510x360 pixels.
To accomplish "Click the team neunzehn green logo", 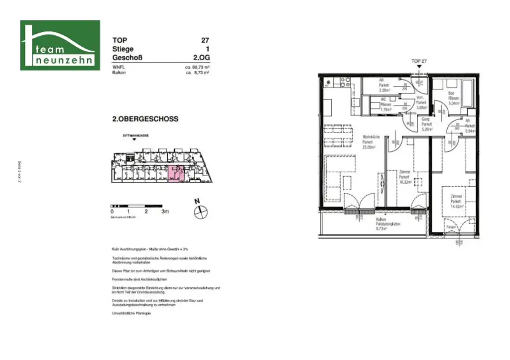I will [x=60, y=45].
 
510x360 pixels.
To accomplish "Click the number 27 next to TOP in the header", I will [x=204, y=40].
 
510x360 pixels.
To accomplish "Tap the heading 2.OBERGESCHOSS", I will [x=145, y=119].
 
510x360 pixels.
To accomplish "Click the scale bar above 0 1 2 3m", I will [x=139, y=205].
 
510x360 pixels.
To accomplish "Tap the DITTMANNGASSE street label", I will [x=135, y=135].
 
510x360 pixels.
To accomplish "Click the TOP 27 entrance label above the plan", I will [x=419, y=61].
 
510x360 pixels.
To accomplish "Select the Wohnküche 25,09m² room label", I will [x=369, y=141].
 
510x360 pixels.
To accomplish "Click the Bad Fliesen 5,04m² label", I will [x=453, y=99].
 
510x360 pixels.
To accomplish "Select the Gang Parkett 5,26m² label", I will [x=426, y=124].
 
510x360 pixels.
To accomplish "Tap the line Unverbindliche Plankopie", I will [x=131, y=313].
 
